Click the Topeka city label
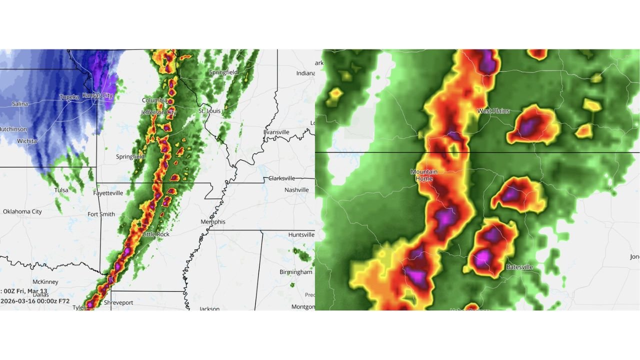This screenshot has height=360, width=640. click(x=69, y=97)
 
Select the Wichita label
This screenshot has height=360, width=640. click(x=26, y=141)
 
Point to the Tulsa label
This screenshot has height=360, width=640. click(x=61, y=190)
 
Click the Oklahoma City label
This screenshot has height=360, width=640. click(x=22, y=211)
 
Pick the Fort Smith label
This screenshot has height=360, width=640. click(x=101, y=214)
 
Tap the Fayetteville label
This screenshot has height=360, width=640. click(x=108, y=193)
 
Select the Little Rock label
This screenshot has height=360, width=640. click(x=156, y=234)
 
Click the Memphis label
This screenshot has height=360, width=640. click(x=213, y=221)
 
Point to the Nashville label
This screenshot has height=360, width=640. click(x=297, y=190)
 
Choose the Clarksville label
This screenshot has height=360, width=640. click(x=282, y=178)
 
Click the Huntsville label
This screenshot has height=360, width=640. click(x=301, y=234)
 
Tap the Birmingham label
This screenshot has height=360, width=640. click(x=296, y=272)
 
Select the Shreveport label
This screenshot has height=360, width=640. click(x=118, y=302)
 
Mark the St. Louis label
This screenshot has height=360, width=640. click(x=209, y=111)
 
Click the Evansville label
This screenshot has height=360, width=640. click(x=276, y=132)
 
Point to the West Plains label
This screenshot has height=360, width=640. click(x=493, y=111)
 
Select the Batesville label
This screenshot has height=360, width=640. click(x=519, y=267)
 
